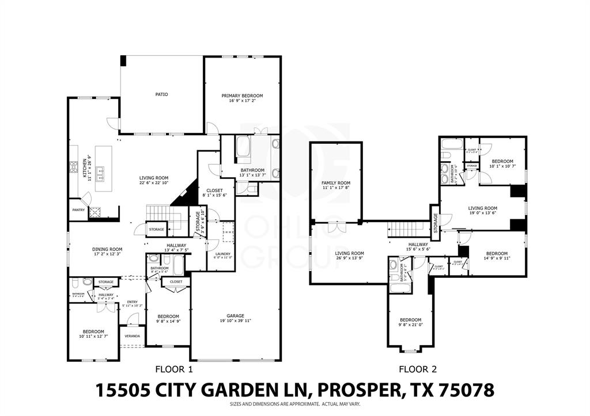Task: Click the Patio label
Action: tap(161, 94)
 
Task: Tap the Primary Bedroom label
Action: tap(243, 96)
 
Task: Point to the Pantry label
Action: tap(78, 210)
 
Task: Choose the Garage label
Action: tap(235, 316)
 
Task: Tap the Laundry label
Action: tap(223, 254)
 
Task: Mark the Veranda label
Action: tap(133, 336)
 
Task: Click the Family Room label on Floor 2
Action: tap(336, 183)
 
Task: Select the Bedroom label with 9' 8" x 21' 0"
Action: tap(411, 320)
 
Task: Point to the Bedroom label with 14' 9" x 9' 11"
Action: tap(497, 254)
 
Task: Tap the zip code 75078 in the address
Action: tap(466, 390)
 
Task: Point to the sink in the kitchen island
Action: tap(100, 170)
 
